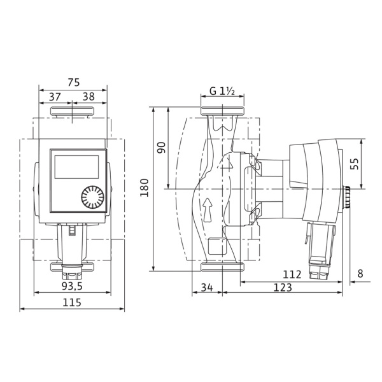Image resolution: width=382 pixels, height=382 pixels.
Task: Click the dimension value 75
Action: (x=74, y=82)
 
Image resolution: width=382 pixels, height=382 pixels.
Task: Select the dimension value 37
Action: (x=55, y=97)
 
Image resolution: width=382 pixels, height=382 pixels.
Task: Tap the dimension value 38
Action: (x=88, y=97)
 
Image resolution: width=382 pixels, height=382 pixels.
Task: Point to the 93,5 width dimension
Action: (x=72, y=286)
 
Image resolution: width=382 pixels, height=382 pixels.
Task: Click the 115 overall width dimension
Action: (x=72, y=302)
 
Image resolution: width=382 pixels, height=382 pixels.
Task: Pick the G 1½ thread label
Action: (x=222, y=91)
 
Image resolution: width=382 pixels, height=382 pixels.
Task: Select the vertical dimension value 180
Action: (x=145, y=188)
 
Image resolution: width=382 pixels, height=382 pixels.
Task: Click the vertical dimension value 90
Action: (x=161, y=148)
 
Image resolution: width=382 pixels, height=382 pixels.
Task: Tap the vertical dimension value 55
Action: (x=355, y=164)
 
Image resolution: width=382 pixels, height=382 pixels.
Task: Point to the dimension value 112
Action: (x=292, y=274)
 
